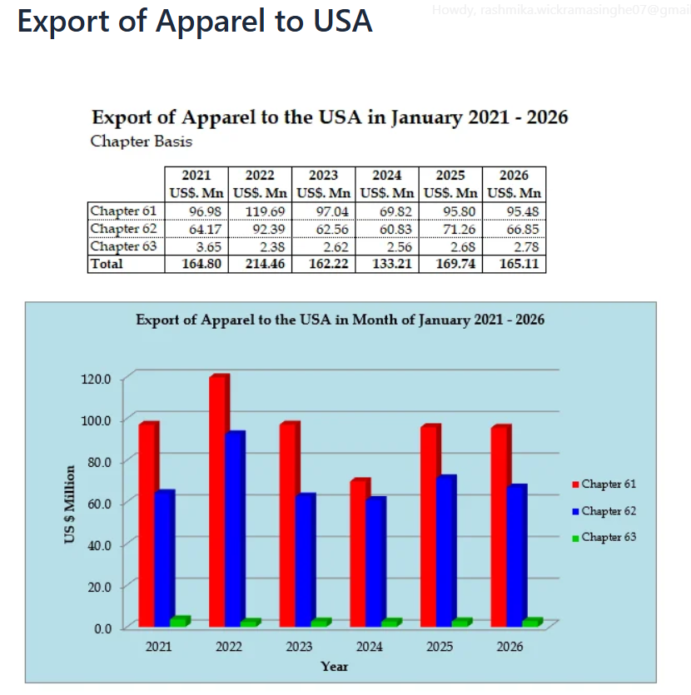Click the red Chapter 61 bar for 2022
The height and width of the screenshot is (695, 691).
point(217,499)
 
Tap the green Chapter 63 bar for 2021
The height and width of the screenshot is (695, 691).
point(179,622)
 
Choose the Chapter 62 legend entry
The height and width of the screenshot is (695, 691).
point(604,510)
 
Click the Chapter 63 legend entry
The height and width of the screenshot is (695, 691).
point(604,537)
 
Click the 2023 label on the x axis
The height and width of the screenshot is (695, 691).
point(299,646)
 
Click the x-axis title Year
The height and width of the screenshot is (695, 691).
point(335,666)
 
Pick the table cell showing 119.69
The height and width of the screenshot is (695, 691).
point(260,211)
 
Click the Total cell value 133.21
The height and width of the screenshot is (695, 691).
point(387,264)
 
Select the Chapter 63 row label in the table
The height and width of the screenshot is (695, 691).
point(123,246)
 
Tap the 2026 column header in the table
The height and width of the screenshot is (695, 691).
point(514,176)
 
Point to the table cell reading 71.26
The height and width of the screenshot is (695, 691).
point(450,229)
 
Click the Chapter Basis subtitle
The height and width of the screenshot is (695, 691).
point(141,141)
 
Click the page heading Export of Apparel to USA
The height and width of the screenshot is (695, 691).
point(195,21)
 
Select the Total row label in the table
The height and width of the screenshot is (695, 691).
point(107,264)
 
